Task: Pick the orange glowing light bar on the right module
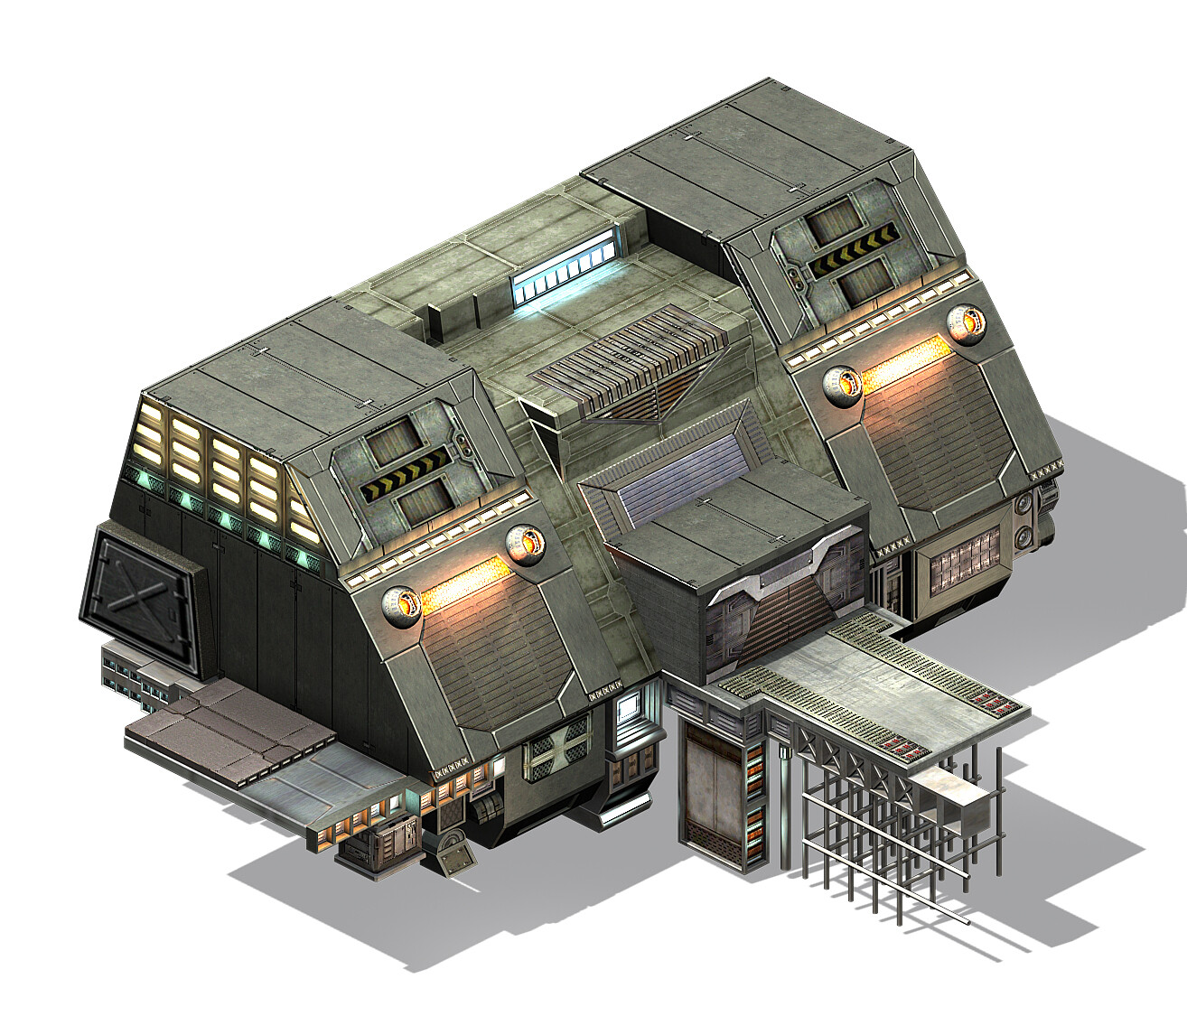pyautogui.click(x=903, y=357)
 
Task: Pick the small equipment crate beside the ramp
pyautogui.click(x=379, y=849)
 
